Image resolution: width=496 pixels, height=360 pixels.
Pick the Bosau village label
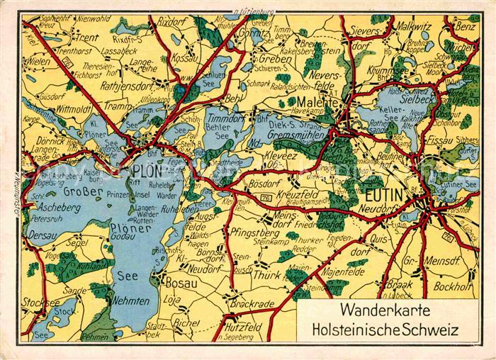pyautogui.click(x=180, y=283)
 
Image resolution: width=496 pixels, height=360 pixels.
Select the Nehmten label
pyautogui.click(x=132, y=300)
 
